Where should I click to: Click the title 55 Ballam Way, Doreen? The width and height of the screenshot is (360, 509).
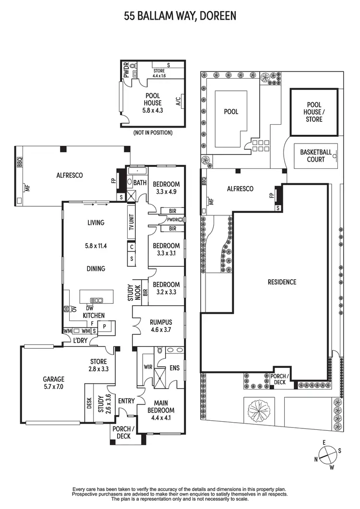pos(180,16)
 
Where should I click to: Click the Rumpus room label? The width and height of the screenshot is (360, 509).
pos(161,326)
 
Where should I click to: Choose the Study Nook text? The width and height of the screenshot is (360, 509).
pos(131,293)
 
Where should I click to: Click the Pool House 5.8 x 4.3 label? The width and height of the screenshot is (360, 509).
pos(153,103)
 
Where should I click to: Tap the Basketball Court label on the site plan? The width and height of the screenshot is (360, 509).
pos(315,155)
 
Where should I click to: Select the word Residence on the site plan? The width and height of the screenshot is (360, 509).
pos(282,282)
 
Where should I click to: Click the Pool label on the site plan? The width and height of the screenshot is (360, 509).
pos(231,111)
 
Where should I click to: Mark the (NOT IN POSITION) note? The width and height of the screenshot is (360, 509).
pos(153,132)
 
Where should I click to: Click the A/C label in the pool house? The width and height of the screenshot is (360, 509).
pos(178,101)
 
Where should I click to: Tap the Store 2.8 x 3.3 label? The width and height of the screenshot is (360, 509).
pos(98,365)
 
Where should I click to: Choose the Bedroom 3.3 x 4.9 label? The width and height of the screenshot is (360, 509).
pos(166,188)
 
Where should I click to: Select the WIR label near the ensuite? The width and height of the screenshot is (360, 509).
pos(148,367)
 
